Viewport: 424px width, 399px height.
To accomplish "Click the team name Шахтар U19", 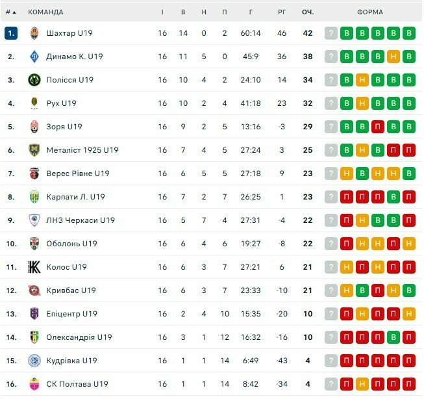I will (x=69, y=33).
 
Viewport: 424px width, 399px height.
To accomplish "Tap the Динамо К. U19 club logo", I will (x=34, y=57).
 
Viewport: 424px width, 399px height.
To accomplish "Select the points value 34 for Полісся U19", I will (x=307, y=80).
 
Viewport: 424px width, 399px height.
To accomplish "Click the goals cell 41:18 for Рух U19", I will (x=251, y=103).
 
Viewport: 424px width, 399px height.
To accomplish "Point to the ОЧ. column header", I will (x=307, y=12).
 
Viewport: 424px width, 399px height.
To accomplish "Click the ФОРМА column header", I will (x=369, y=12).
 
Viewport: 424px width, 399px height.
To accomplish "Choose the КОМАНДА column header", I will (x=45, y=12).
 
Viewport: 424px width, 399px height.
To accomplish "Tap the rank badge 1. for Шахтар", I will (x=10, y=33).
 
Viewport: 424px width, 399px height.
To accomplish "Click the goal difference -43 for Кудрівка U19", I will (x=281, y=361).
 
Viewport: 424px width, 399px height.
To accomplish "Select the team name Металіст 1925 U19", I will (x=82, y=150).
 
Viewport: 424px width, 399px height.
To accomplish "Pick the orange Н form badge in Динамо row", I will (x=393, y=57).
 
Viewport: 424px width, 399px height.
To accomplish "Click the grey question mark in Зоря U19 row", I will (x=331, y=127).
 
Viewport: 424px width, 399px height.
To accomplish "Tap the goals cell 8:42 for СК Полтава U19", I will (x=251, y=384).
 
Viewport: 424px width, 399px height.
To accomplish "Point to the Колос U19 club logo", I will (x=34, y=267).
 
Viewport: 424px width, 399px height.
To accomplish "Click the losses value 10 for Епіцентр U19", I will (x=224, y=314).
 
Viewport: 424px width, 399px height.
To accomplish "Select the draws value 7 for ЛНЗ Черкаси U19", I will (x=204, y=220).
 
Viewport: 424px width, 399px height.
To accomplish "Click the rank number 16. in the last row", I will (x=10, y=384).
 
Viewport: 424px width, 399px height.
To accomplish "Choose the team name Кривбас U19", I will (x=71, y=290).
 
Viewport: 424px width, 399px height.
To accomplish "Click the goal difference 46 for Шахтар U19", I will (x=281, y=33).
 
